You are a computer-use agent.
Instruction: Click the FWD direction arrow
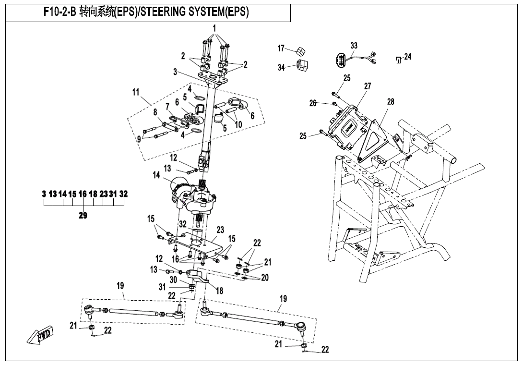[41, 335]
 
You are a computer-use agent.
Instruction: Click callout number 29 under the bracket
[83, 216]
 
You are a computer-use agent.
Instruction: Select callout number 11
[136, 92]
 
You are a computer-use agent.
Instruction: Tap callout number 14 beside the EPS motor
[156, 176]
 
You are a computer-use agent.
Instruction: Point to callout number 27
[368, 86]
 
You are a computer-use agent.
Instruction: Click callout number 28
[390, 102]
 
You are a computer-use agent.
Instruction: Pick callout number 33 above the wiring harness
[354, 46]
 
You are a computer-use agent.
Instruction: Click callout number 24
[407, 57]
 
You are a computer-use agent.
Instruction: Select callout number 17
[282, 48]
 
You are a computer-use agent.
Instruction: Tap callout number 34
[282, 68]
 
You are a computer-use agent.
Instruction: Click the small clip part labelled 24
[398, 60]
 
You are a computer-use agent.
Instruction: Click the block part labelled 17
[300, 51]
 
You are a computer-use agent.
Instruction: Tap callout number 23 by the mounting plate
[220, 230]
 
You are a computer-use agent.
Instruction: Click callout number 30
[173, 280]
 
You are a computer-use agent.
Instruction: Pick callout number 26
[313, 103]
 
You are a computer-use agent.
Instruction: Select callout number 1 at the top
[214, 28]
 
